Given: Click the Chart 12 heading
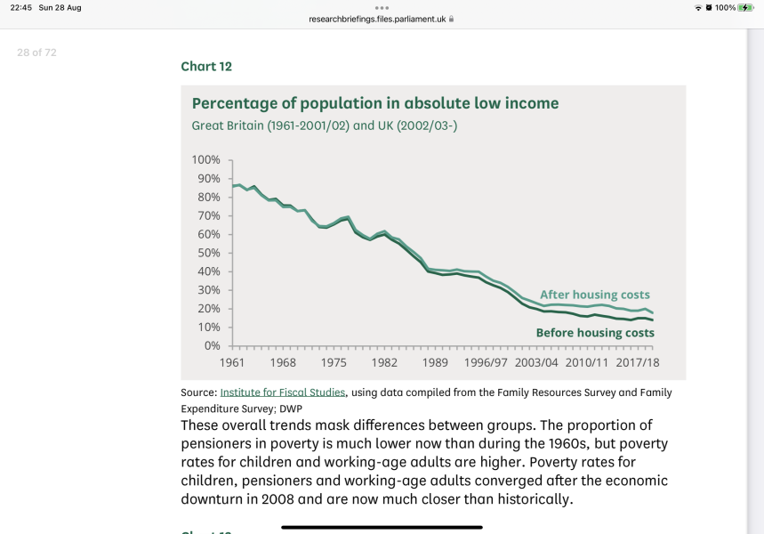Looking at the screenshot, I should [206, 66].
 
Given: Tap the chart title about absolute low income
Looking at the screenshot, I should [375, 103].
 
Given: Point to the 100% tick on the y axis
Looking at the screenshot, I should [206, 160].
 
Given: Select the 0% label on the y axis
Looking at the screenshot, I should [213, 345].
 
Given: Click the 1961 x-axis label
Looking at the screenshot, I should [232, 363].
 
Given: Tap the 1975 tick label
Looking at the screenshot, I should [334, 363].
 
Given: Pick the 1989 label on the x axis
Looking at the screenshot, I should [435, 363].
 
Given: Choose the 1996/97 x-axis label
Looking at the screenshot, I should [486, 363].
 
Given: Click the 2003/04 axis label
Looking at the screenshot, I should [536, 363].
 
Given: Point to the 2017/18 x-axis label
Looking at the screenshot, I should [638, 363].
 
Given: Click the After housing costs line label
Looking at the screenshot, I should [595, 295].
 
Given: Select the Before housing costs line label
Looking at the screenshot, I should [595, 333].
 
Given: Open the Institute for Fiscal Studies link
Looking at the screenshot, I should [282, 392].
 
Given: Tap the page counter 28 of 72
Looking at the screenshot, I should [36, 53].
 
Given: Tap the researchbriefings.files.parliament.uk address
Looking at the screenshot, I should [377, 18].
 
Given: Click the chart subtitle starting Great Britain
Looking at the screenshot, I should [325, 125].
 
